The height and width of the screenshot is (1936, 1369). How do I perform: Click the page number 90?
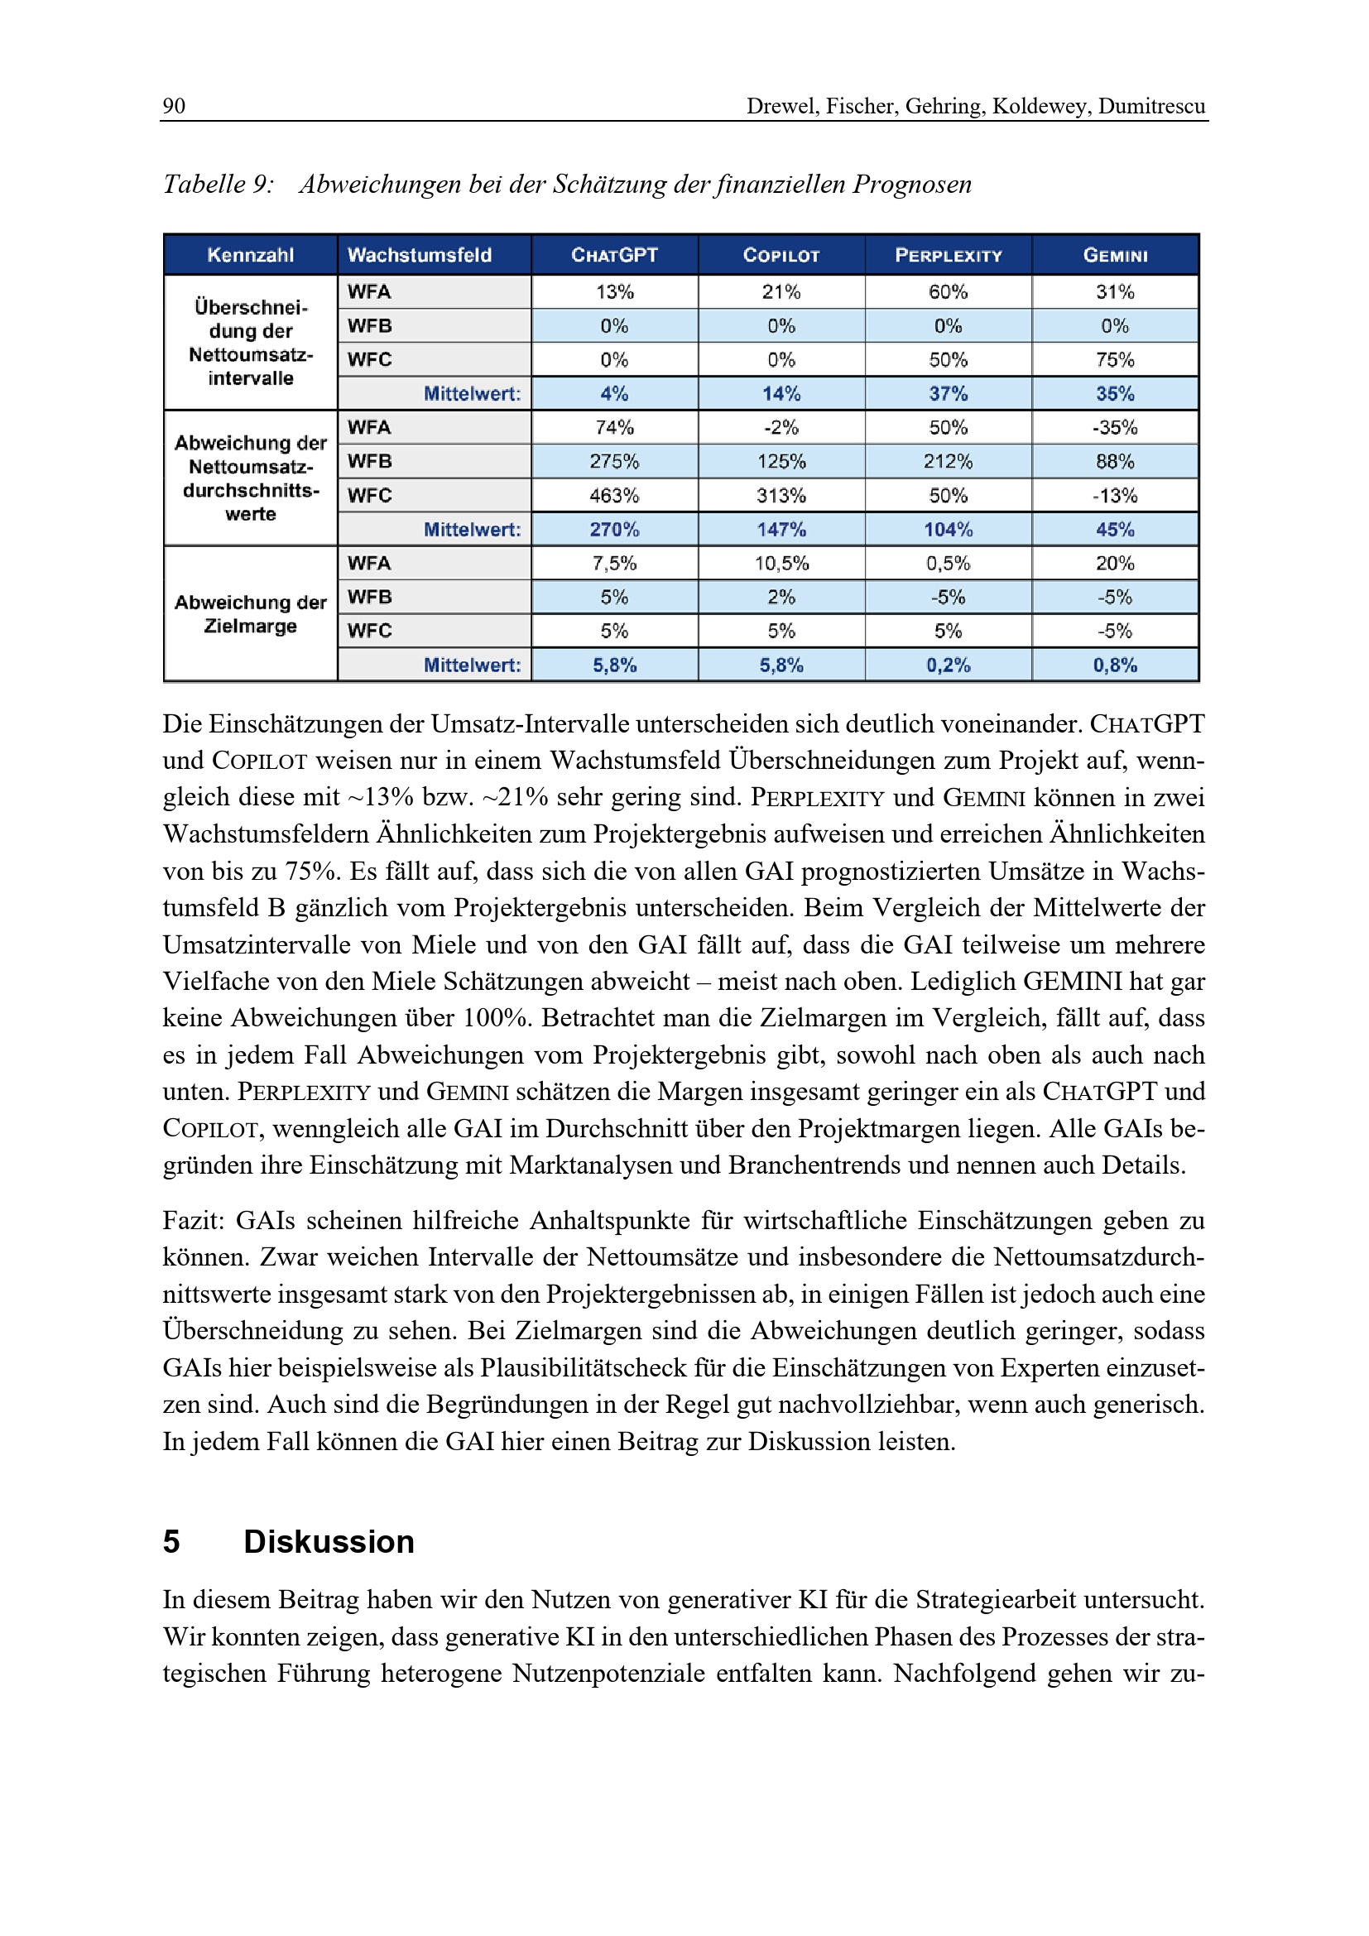tap(174, 105)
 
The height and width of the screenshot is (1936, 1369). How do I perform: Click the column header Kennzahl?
tap(250, 255)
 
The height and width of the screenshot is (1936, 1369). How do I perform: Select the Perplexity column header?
tap(949, 255)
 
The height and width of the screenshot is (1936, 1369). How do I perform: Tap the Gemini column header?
tap(1115, 255)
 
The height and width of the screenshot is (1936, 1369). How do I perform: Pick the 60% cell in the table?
tap(949, 291)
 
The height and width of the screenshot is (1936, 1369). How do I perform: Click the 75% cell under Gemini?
tap(1115, 360)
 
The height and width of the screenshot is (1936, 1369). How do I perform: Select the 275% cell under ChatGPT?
tap(614, 461)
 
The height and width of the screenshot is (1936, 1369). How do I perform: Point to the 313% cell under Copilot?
tap(781, 496)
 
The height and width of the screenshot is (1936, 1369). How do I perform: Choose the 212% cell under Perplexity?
tap(949, 461)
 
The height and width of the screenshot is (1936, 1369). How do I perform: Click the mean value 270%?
tap(614, 530)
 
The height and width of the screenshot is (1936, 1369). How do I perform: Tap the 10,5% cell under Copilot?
tap(781, 564)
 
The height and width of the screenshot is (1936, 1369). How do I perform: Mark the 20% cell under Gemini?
tap(1115, 564)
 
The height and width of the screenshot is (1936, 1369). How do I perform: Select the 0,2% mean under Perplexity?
tap(949, 665)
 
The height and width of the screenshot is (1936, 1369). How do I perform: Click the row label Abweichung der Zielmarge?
tap(250, 614)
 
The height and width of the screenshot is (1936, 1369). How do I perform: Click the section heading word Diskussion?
tap(329, 1542)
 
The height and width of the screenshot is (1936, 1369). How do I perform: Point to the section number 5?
tap(171, 1542)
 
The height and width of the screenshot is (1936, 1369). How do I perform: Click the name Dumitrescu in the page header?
tap(1151, 105)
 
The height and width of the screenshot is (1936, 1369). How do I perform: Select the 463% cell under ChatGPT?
tap(614, 496)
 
